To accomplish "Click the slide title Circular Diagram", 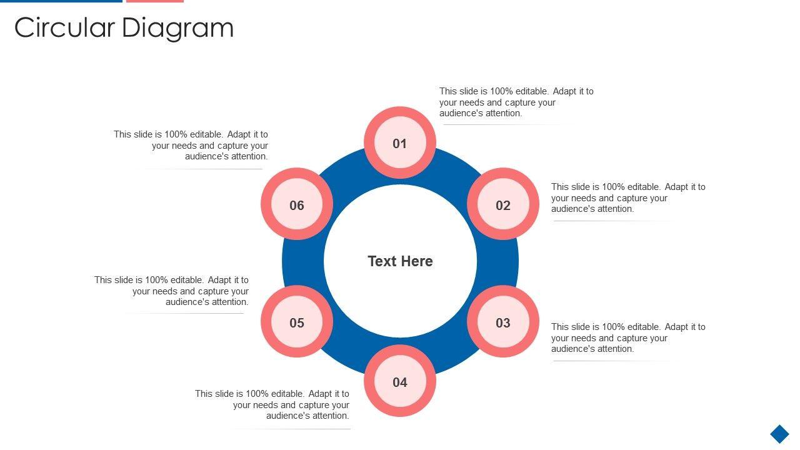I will click(x=124, y=28).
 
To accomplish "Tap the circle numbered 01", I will click(x=400, y=143).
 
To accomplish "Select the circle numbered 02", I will click(x=503, y=205).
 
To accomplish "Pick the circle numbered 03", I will click(x=503, y=322).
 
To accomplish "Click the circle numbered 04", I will click(x=400, y=382).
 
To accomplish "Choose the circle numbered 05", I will click(x=297, y=322).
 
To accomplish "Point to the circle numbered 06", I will click(x=297, y=205).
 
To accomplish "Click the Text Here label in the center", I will click(x=400, y=261).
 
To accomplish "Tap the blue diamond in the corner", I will click(x=779, y=434).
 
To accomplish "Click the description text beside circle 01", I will click(x=516, y=102).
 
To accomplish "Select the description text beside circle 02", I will click(x=628, y=197).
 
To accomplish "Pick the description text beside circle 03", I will click(x=628, y=337).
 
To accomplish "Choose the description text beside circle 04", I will click(x=272, y=404).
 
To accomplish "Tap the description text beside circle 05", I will click(x=172, y=291).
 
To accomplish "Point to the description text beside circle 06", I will click(x=191, y=145).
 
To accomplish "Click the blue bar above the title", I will click(x=61, y=1).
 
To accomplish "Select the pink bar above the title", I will click(x=154, y=1).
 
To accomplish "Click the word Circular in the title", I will click(x=65, y=28).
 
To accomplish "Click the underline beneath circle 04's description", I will click(x=291, y=429).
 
